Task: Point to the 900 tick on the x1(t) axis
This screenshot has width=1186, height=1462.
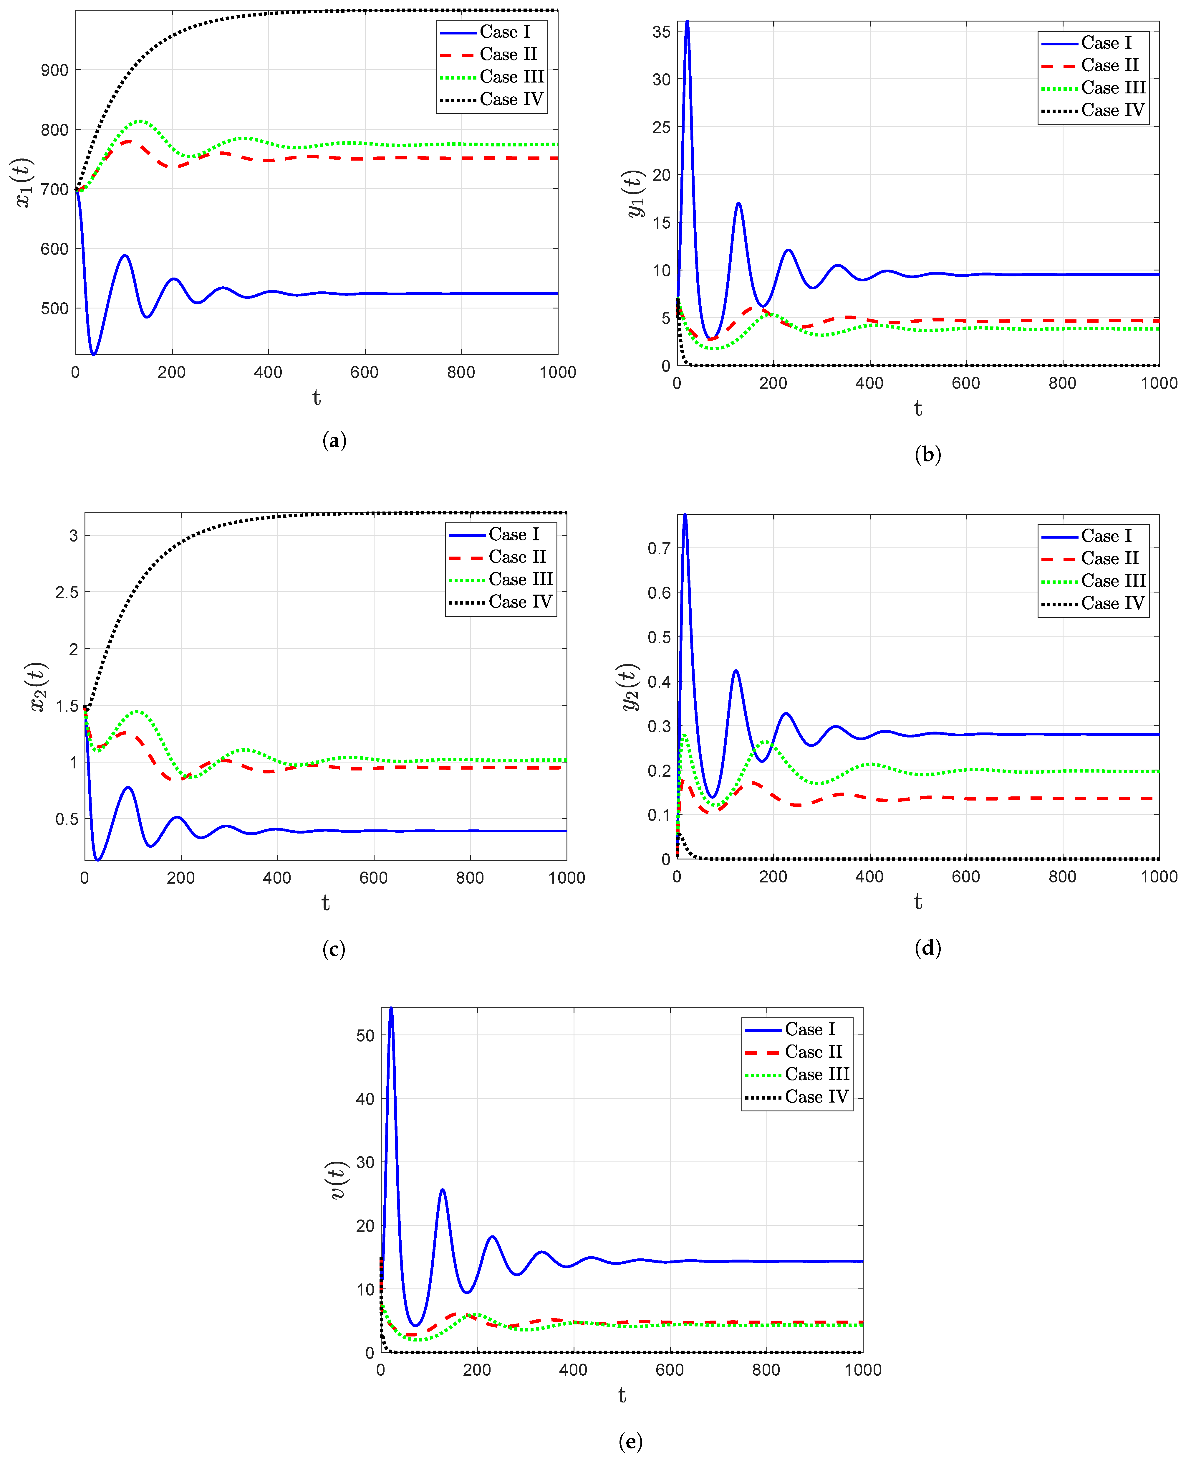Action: (55, 70)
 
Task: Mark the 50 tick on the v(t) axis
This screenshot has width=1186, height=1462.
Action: (365, 1035)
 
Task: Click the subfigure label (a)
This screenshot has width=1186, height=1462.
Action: (334, 441)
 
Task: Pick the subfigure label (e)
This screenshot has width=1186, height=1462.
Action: (630, 1441)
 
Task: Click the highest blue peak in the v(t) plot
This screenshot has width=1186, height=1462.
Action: (391, 1009)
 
